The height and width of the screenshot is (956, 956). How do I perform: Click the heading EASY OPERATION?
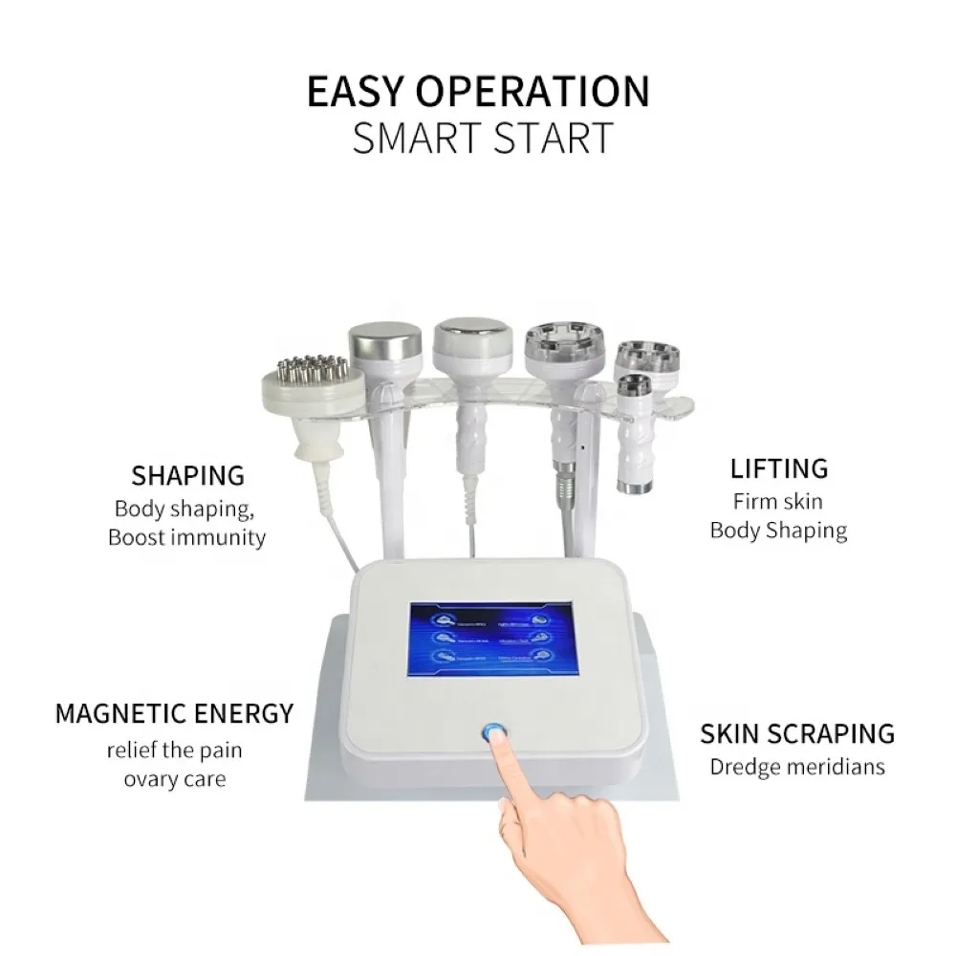tap(478, 91)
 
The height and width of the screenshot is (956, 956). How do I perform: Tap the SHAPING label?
tap(187, 475)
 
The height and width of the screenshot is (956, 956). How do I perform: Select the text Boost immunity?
tap(186, 537)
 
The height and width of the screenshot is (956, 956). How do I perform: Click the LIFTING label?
tap(778, 469)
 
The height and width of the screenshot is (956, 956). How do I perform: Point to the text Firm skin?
tap(777, 501)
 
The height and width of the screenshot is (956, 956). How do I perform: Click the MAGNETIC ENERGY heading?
tap(174, 713)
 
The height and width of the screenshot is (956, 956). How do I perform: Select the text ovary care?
tap(174, 779)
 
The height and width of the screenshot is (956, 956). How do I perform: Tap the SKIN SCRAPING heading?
tap(797, 734)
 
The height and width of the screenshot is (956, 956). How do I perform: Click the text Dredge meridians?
tap(797, 767)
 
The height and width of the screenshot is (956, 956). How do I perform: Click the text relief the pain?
tap(174, 750)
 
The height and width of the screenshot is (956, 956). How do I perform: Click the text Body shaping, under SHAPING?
tap(184, 508)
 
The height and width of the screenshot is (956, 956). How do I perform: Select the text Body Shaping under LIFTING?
tap(778, 531)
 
